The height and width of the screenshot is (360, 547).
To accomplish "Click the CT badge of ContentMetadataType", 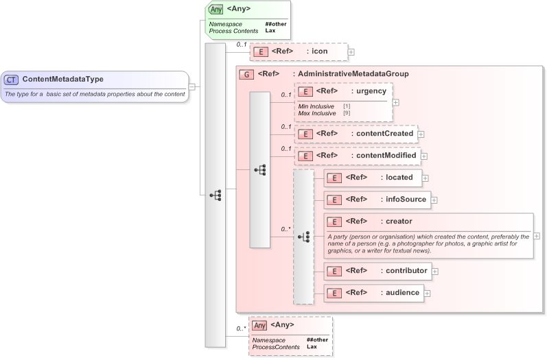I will click(12, 79).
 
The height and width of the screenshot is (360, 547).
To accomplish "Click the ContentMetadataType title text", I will click(62, 79).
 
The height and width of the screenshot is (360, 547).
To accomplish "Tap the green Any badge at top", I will click(216, 9).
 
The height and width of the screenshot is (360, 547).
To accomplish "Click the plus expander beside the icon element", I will click(351, 51).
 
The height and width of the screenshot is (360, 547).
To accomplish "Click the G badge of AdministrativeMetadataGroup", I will click(245, 74).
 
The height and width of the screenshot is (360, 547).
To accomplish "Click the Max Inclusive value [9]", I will click(347, 112).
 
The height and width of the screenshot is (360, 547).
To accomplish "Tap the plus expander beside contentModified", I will click(424, 156).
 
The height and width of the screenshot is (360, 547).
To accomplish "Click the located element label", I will click(399, 178).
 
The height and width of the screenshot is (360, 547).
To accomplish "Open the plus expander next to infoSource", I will click(434, 200).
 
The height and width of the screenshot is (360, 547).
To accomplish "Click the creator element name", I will click(399, 221).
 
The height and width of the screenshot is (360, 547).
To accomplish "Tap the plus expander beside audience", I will click(427, 293).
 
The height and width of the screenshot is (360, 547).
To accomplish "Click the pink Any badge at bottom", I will click(259, 325).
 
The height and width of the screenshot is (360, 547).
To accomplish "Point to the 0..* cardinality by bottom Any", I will click(240, 328).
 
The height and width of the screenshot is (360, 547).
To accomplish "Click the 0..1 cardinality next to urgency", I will click(286, 95).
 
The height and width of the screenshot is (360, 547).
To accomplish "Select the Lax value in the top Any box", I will click(270, 31).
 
